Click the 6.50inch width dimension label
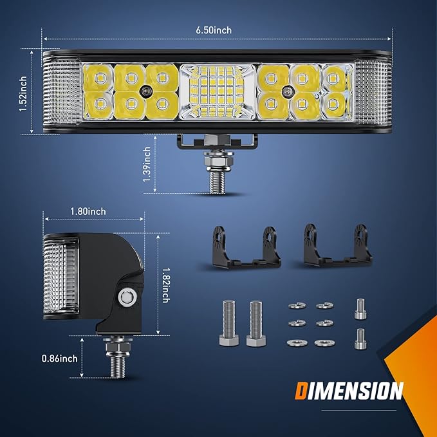click(214, 30)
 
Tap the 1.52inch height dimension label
click(23, 94)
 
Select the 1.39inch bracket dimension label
click(147, 164)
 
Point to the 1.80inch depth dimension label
click(88, 212)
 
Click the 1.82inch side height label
click(166, 285)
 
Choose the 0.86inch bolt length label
click(60, 358)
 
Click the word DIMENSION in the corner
click(349, 391)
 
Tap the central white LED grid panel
click(218, 91)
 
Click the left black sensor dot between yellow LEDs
click(145, 91)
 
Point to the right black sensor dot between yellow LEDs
click(287, 91)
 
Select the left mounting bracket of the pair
click(246, 247)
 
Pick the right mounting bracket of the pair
click(338, 245)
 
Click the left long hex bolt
click(229, 323)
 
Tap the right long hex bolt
click(256, 324)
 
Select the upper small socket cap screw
click(360, 309)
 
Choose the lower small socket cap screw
click(360, 339)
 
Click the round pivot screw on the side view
click(127, 297)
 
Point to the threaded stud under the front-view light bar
click(218, 182)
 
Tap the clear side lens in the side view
click(60, 276)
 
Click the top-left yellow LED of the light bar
click(98, 78)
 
